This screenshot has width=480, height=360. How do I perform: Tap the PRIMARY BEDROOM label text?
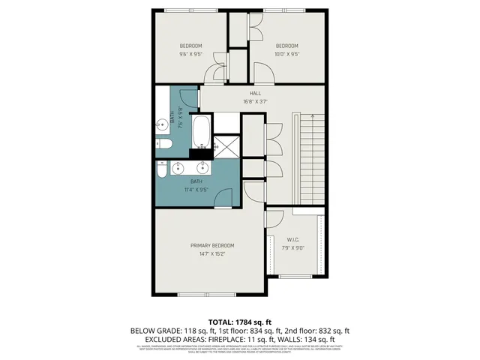212,245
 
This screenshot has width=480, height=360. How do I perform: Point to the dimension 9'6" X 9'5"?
190,54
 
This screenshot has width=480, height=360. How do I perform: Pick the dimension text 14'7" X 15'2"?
212,254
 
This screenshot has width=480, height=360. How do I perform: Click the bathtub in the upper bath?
201,133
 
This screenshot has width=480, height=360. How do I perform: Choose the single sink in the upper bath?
161,125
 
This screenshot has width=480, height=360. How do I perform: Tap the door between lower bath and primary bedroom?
223,199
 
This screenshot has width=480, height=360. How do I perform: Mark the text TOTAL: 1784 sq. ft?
239,319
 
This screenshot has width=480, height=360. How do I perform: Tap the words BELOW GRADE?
153,329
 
